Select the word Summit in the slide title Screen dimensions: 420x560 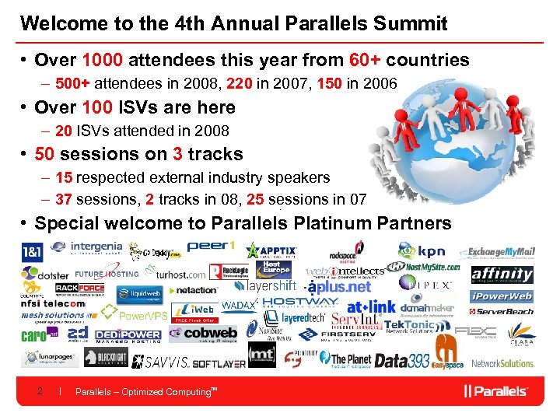coord(410,23)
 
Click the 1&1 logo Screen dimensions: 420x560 coord(32,252)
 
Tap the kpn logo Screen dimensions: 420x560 coord(422,252)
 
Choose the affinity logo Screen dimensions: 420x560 coord(502,274)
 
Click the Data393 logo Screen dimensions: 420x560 coord(402,361)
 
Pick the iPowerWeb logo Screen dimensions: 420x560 coord(502,296)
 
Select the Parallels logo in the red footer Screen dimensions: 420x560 coord(496,390)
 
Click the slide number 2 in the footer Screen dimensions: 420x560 coord(40,391)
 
